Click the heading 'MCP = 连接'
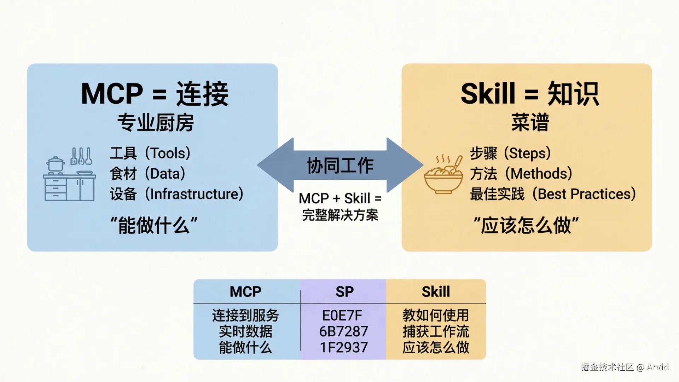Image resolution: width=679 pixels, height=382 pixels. tap(155, 94)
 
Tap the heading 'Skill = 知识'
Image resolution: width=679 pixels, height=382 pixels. tap(529, 94)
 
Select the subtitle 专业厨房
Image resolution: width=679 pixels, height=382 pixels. tap(155, 123)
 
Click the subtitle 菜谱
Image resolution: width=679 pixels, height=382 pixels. tap(529, 123)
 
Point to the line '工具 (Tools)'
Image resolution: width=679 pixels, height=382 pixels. tap(150, 153)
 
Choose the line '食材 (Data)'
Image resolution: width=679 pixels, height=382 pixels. tap(147, 174)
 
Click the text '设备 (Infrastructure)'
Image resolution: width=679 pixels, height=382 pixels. tap(176, 194)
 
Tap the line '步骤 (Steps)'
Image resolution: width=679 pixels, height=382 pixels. tap(510, 153)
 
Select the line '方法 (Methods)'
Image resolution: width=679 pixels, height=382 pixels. tap(521, 174)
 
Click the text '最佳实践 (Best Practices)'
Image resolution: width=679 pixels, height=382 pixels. tap(552, 194)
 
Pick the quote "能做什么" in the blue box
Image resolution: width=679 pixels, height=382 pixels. tap(154, 225)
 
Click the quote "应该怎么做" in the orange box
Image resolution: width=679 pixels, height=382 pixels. tap(526, 225)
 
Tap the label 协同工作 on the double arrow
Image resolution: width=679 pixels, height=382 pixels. tap(340, 166)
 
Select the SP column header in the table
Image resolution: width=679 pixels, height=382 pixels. tap(344, 292)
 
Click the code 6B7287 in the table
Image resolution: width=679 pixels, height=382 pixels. tap(343, 331)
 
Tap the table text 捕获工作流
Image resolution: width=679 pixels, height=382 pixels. tap(436, 331)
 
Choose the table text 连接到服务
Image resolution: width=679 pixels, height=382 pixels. tap(245, 315)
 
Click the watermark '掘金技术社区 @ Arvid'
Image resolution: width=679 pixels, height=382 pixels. tap(625, 367)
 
